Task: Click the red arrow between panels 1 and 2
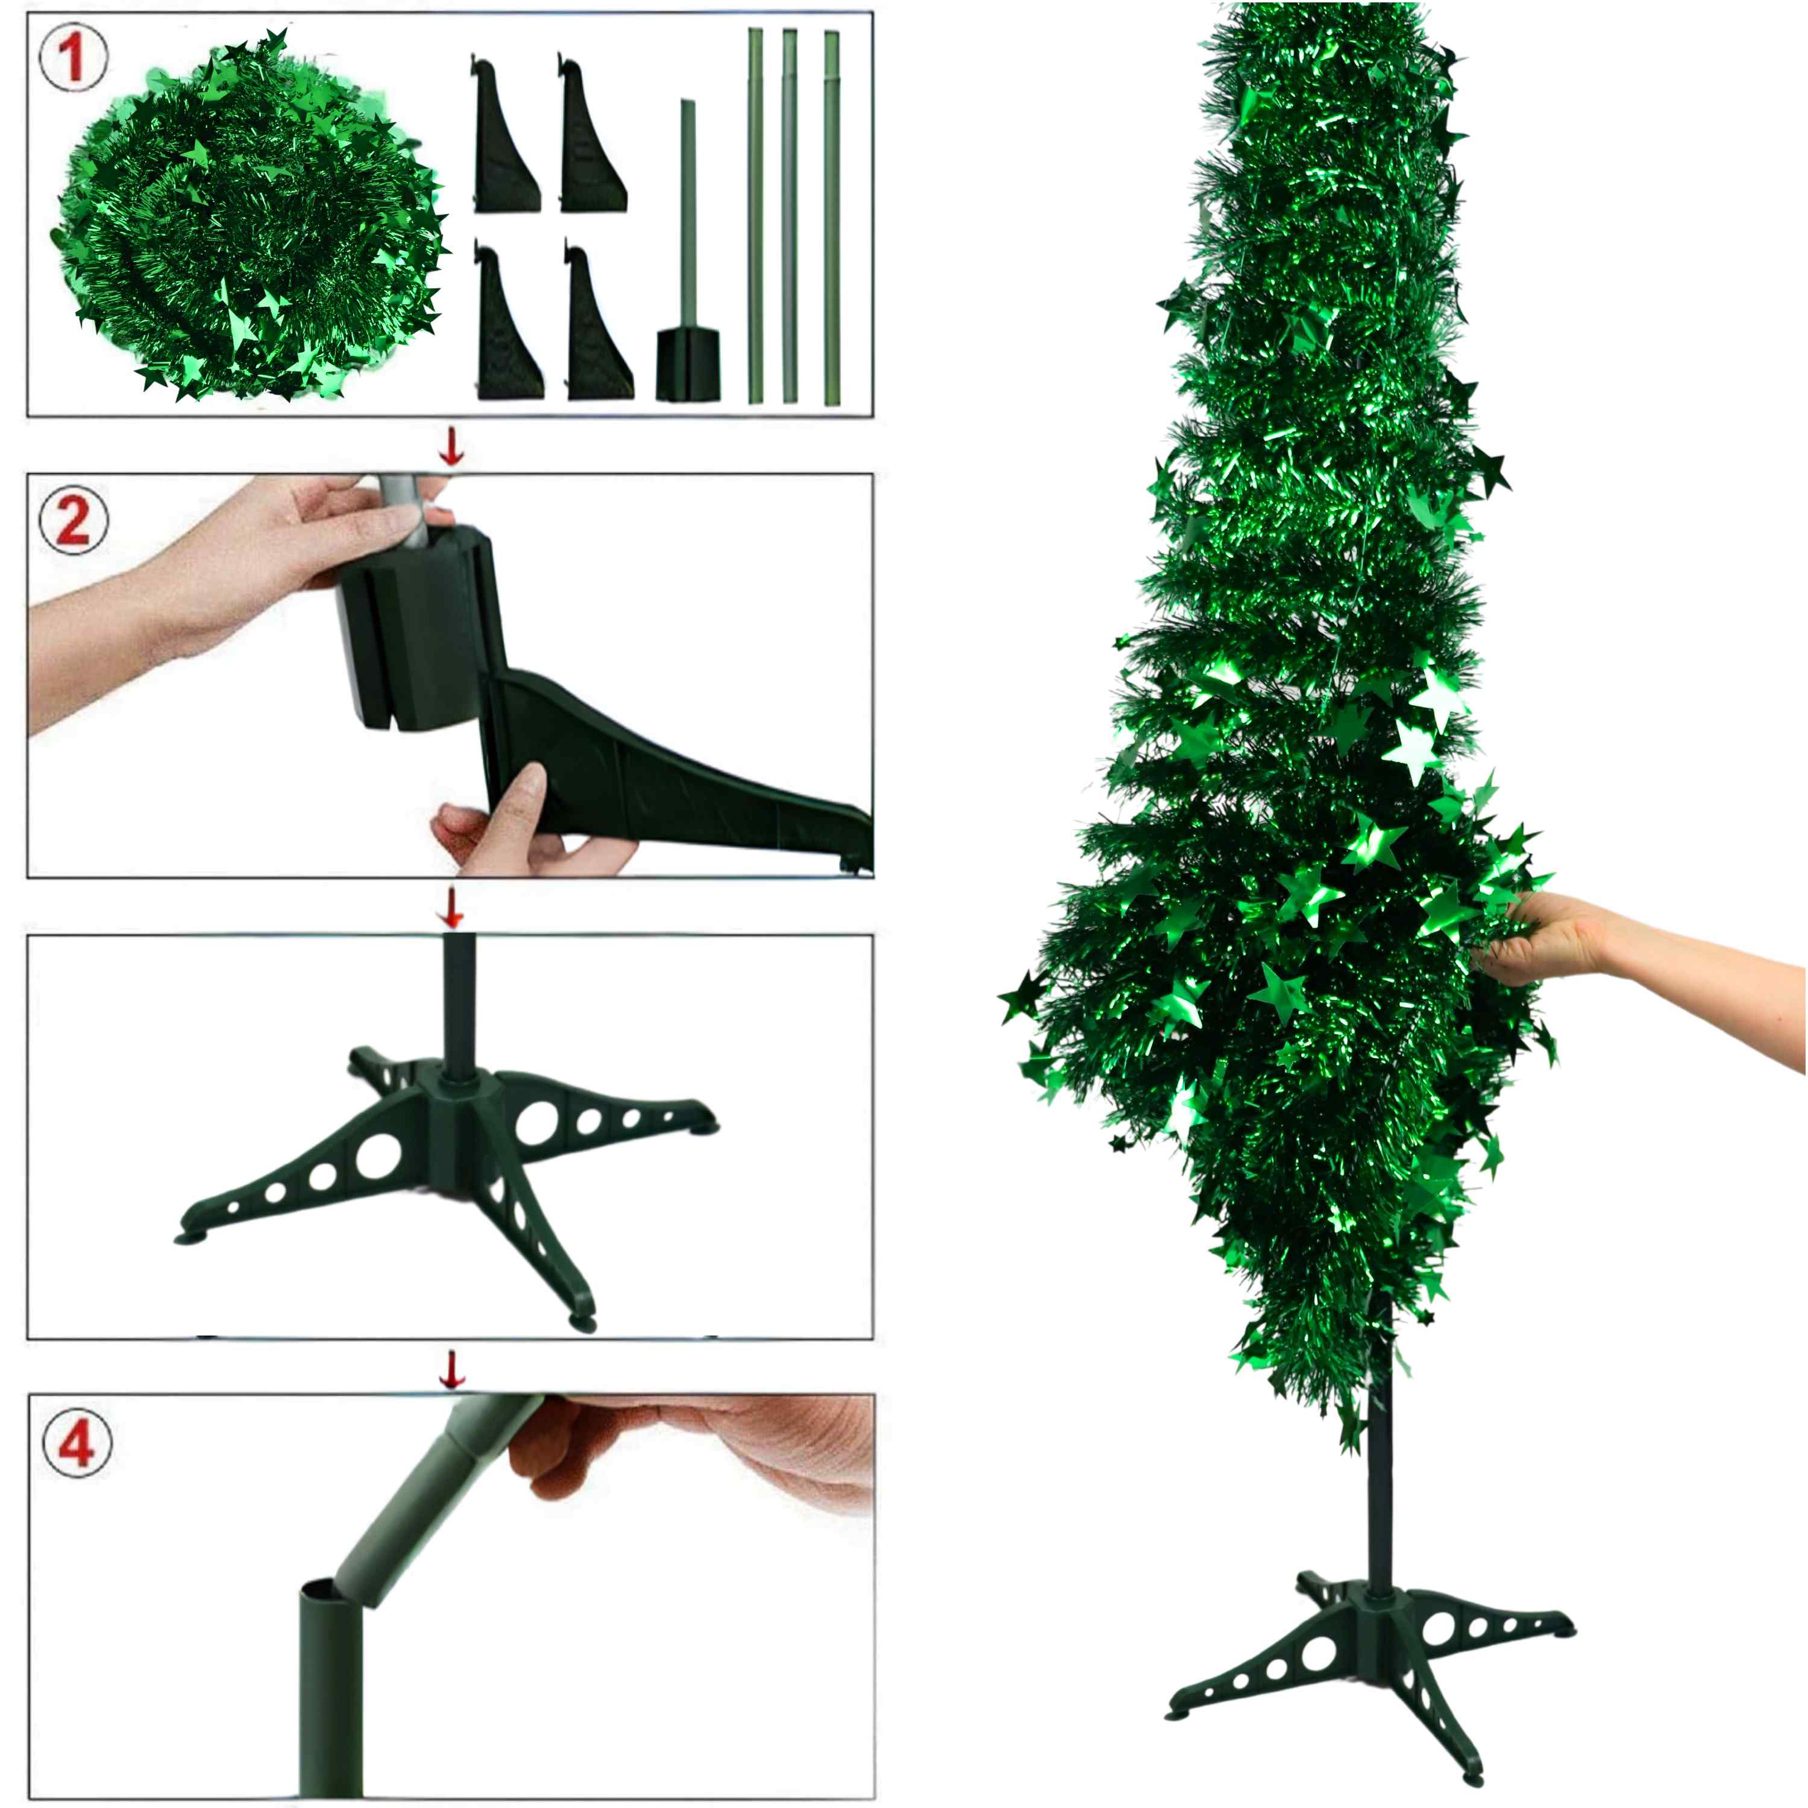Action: click(452, 447)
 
